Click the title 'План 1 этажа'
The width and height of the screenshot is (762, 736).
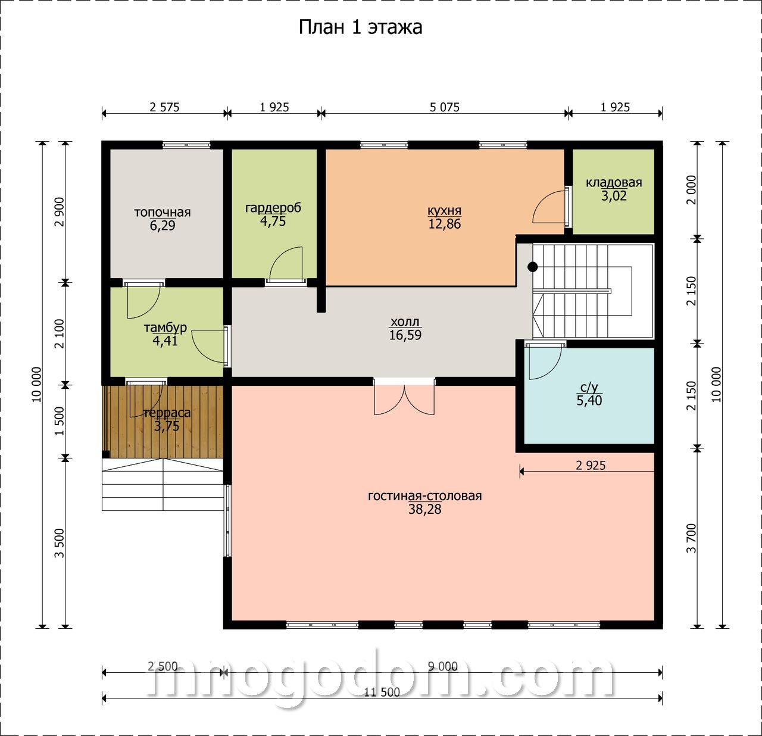(360, 27)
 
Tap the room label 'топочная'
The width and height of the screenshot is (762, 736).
(163, 213)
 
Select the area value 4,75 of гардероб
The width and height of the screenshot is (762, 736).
(273, 222)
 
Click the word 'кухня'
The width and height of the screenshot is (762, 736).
(445, 211)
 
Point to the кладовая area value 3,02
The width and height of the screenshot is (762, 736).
(614, 196)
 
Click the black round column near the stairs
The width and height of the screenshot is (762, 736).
(533, 267)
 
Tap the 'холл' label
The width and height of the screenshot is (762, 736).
(405, 322)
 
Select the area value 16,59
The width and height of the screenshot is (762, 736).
(405, 335)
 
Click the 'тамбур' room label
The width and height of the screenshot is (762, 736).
(165, 328)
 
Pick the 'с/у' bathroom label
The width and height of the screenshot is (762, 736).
(589, 388)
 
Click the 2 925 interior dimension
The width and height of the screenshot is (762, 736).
(591, 465)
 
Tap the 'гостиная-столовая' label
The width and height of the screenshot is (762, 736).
(425, 496)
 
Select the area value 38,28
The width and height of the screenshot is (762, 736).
(425, 509)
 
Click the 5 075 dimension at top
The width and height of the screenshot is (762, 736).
(445, 107)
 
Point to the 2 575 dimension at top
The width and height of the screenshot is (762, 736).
(164, 107)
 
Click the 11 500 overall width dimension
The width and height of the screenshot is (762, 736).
(382, 692)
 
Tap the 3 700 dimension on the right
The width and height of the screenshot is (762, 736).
(692, 538)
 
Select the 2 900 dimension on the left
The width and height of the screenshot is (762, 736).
(60, 212)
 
